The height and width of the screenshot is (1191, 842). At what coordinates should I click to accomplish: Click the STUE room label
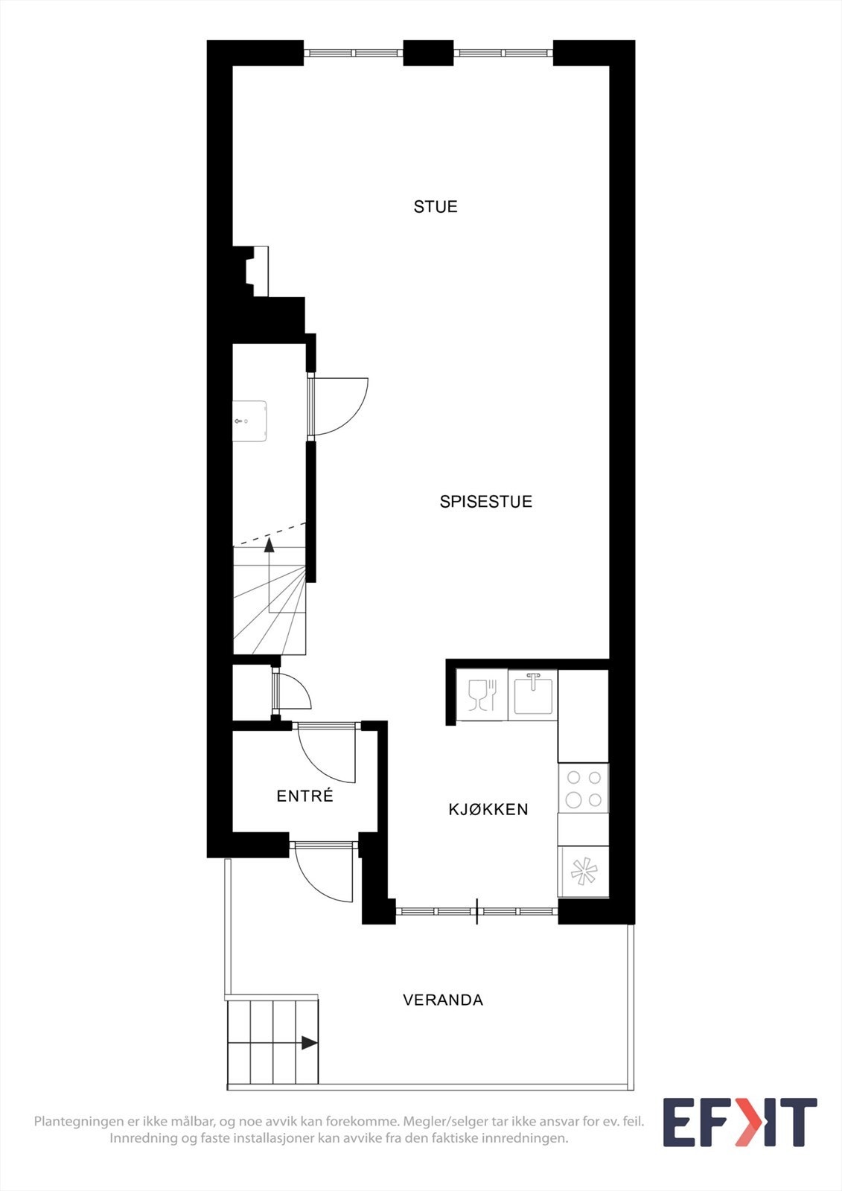[x=436, y=207]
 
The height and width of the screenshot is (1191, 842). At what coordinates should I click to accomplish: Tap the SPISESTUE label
[x=485, y=502]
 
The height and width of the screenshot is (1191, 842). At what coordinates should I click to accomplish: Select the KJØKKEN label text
[x=488, y=809]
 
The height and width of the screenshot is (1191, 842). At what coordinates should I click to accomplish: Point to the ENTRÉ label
[x=304, y=796]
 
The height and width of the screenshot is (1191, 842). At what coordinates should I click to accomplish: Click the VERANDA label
[x=443, y=1000]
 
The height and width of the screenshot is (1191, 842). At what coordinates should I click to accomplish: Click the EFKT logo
[x=739, y=1123]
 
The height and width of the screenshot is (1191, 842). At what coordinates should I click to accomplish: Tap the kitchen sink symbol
[x=533, y=694]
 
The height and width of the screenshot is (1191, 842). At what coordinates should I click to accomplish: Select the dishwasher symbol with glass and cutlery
[x=482, y=695]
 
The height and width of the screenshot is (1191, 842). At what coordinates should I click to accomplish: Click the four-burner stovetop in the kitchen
[x=584, y=789]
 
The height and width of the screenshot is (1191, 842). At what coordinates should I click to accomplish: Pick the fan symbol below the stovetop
[x=584, y=872]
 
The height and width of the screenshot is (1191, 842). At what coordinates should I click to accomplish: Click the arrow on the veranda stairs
[x=309, y=1043]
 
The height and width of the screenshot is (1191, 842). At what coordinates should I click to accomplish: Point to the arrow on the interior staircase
[x=269, y=545]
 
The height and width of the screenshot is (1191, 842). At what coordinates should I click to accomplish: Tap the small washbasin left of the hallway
[x=249, y=421]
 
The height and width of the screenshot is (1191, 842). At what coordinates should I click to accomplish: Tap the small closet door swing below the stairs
[x=293, y=692]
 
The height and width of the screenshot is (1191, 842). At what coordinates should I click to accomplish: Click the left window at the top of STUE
[x=354, y=53]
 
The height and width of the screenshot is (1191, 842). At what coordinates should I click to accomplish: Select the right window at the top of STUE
[x=503, y=53]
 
